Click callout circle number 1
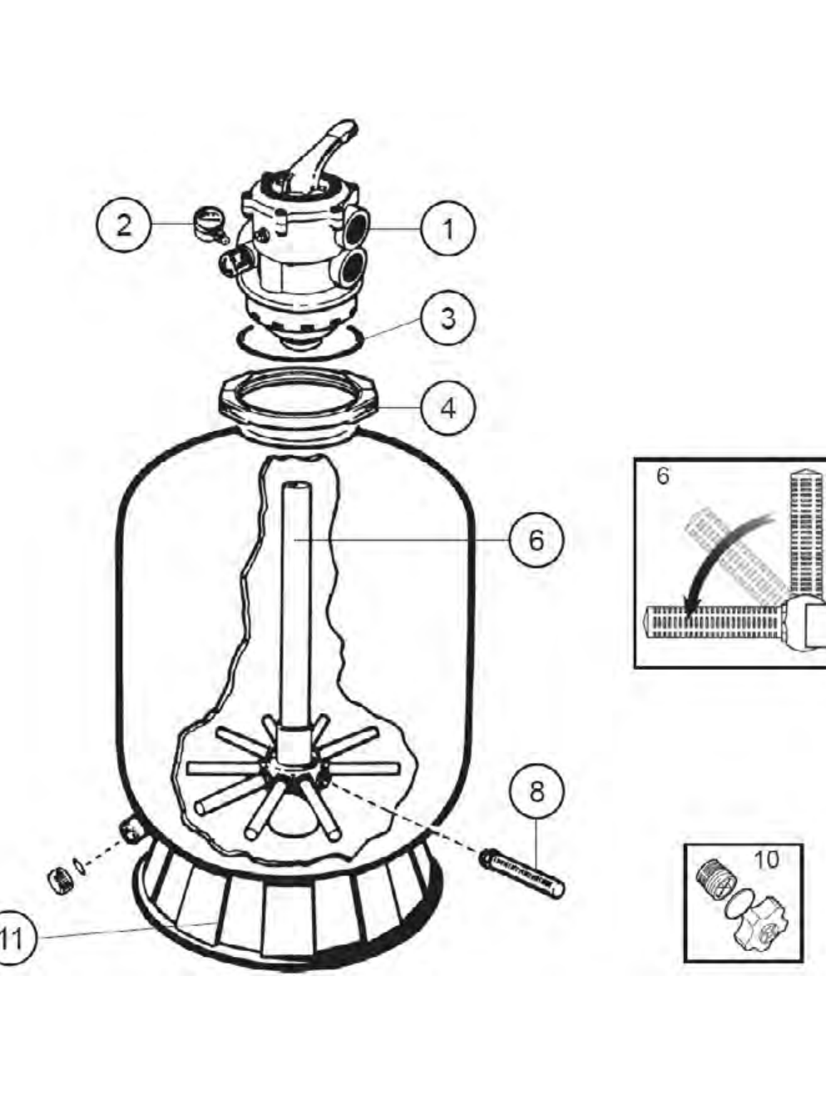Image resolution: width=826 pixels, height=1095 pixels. point(448,229)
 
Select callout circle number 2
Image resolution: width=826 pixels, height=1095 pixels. point(124,224)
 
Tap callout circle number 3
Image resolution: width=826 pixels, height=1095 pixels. point(448,318)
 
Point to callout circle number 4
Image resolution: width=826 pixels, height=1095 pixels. point(448,407)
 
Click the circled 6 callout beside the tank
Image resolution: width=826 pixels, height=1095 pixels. point(537,539)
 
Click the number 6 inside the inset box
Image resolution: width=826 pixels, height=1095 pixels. point(662,476)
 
